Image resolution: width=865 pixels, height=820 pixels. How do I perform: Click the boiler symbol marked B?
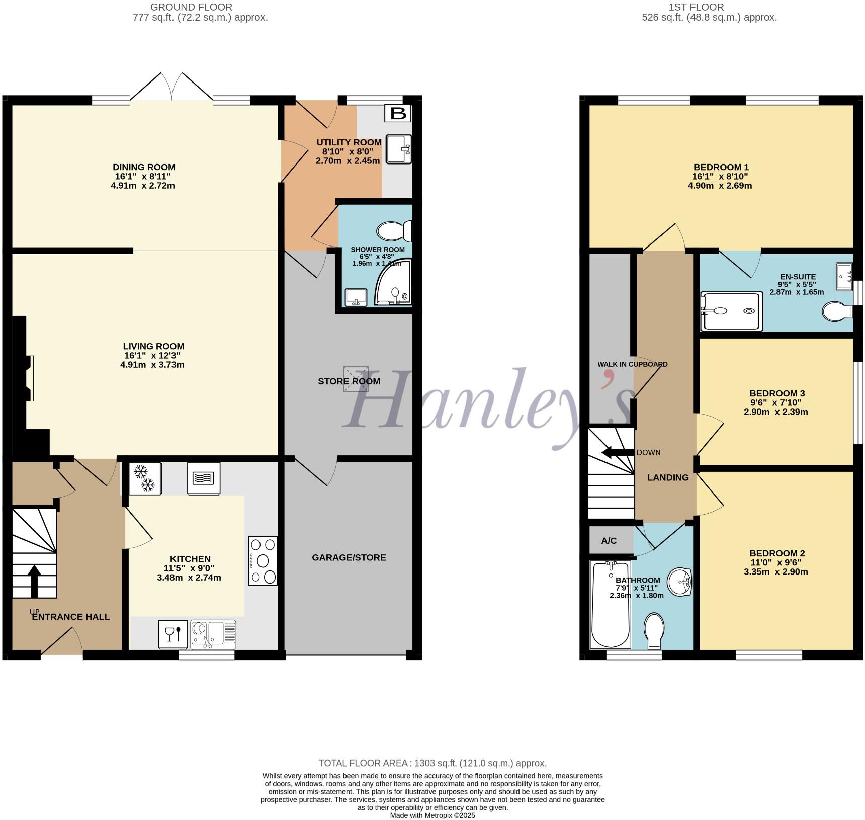398,113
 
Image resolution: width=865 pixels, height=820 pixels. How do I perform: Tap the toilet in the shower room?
394,231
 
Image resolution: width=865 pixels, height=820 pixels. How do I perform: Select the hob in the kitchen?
263,560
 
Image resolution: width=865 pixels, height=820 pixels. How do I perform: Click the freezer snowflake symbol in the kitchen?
145,478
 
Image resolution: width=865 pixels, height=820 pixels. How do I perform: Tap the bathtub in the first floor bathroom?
611,606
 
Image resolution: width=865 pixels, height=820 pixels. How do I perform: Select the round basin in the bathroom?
679,583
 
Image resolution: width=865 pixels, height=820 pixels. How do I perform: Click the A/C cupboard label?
609,541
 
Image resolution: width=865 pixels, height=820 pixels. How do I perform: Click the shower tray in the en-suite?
731,311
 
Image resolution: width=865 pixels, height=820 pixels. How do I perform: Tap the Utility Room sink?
398,149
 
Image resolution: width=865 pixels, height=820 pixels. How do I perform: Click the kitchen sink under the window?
213,634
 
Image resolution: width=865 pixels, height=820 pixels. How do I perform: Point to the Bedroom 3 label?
776,393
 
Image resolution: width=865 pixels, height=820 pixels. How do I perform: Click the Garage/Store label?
349,557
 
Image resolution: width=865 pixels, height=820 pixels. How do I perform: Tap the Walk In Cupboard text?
632,364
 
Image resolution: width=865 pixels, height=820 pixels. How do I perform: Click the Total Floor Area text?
432,763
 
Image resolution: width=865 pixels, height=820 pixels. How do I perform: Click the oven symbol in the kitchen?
204,478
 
